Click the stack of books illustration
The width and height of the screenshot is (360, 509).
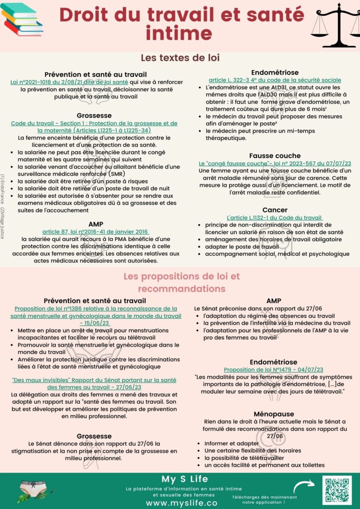click(22, 19)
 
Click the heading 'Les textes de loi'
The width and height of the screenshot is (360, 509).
click(180, 58)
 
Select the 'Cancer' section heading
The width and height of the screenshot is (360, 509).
click(275, 210)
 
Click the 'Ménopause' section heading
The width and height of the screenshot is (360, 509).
click(274, 414)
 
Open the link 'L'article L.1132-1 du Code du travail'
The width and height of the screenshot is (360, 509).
click(274, 218)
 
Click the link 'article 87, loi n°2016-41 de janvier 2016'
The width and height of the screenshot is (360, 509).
click(96, 232)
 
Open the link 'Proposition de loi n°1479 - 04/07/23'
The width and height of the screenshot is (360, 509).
click(273, 370)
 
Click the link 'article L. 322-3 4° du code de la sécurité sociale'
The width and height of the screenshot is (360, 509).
click(275, 80)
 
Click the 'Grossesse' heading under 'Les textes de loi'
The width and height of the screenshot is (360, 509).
click(94, 115)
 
